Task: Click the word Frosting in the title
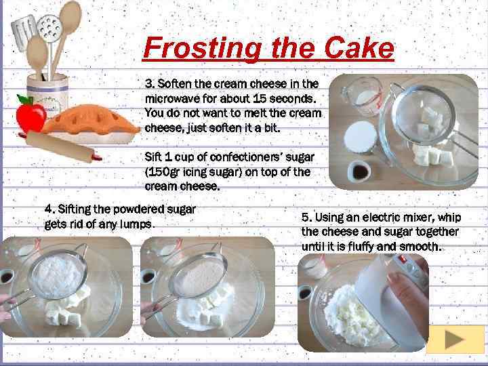(202, 48)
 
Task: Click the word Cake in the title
(359, 48)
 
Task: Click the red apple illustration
(30, 115)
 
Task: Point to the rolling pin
(61, 146)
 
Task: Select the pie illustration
(91, 124)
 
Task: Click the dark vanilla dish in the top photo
(359, 171)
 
